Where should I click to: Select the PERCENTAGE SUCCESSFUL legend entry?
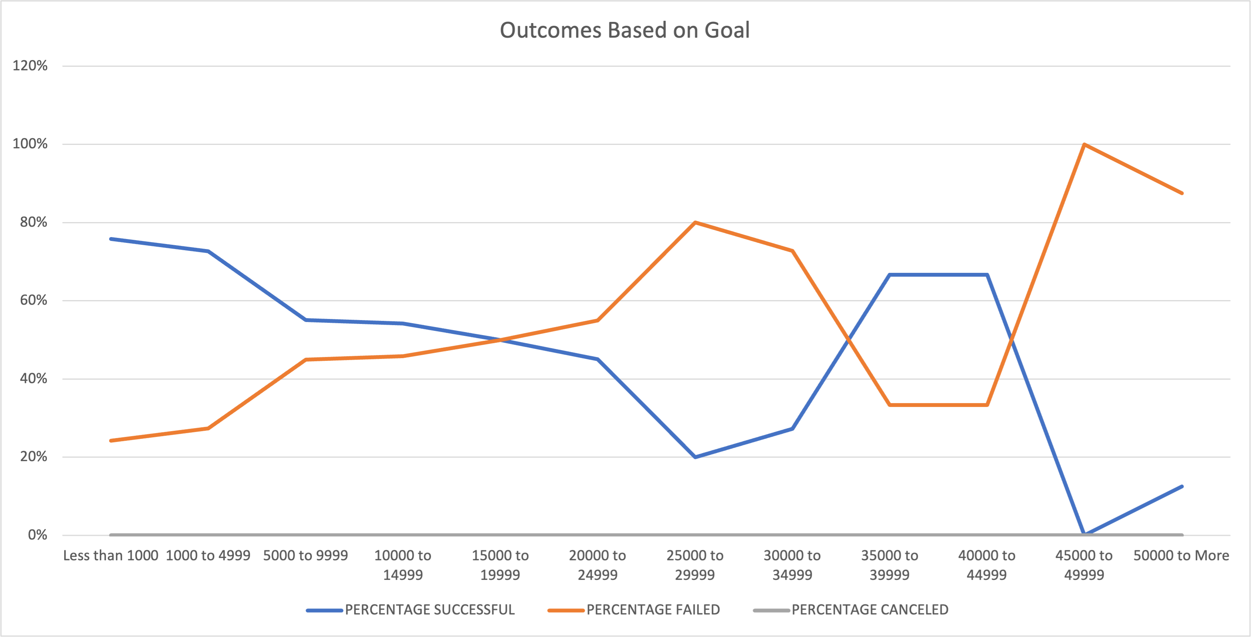tap(429, 609)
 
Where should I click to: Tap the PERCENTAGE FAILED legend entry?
tap(653, 609)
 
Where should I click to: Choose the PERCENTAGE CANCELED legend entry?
tap(870, 609)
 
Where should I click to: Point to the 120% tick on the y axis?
tap(30, 66)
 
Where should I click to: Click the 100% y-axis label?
tap(30, 144)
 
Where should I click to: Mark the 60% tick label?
tap(33, 300)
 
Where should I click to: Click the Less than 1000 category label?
tap(111, 555)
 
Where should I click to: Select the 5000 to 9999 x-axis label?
tap(305, 555)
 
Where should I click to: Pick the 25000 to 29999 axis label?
tap(695, 564)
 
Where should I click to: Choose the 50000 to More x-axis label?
tap(1181, 555)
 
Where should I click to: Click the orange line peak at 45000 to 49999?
tap(1084, 144)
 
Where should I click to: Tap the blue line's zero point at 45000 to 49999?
tap(1084, 534)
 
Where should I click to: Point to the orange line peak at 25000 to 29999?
tap(695, 223)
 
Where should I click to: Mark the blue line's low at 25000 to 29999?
tap(695, 457)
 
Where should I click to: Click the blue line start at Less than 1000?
tap(111, 239)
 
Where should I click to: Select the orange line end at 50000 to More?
tap(1182, 193)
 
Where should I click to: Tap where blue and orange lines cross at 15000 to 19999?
tap(500, 340)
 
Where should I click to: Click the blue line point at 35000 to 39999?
tap(890, 275)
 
